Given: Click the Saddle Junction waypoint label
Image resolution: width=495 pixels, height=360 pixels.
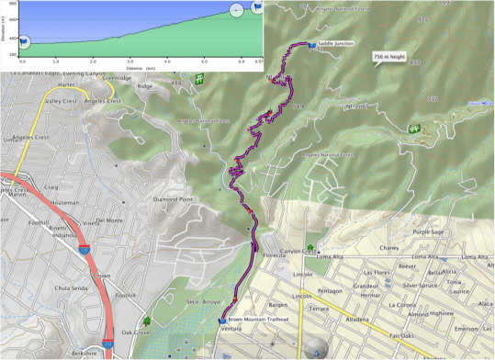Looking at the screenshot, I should point(335,43).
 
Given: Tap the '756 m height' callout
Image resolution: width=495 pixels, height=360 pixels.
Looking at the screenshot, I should point(389,57).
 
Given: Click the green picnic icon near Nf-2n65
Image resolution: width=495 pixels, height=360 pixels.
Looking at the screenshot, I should point(414,129).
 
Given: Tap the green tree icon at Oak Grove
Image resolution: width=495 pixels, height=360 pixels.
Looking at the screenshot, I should point(148,321).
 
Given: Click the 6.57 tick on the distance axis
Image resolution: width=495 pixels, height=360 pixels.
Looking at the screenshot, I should point(258,62).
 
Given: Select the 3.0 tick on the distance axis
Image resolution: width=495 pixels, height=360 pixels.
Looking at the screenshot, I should point(130,62).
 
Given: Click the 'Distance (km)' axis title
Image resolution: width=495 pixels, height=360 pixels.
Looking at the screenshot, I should point(141,68).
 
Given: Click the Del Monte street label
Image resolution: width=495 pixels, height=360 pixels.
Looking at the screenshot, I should point(109,220).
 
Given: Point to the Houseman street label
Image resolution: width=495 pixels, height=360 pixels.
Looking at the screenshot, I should point(64,202).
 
